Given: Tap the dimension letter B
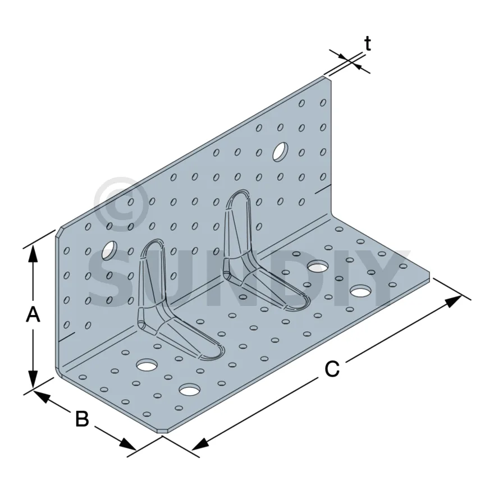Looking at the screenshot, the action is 82,419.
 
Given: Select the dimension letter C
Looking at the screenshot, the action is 332,369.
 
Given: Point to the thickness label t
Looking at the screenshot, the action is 367,43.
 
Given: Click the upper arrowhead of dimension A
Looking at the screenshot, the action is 33,254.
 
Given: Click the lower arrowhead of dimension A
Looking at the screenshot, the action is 33,379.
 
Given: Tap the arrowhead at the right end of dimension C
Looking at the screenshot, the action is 454,301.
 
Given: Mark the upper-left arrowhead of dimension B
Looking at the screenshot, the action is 42,396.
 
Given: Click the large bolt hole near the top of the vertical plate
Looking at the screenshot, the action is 280,152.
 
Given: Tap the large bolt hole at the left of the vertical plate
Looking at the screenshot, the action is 109,250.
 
